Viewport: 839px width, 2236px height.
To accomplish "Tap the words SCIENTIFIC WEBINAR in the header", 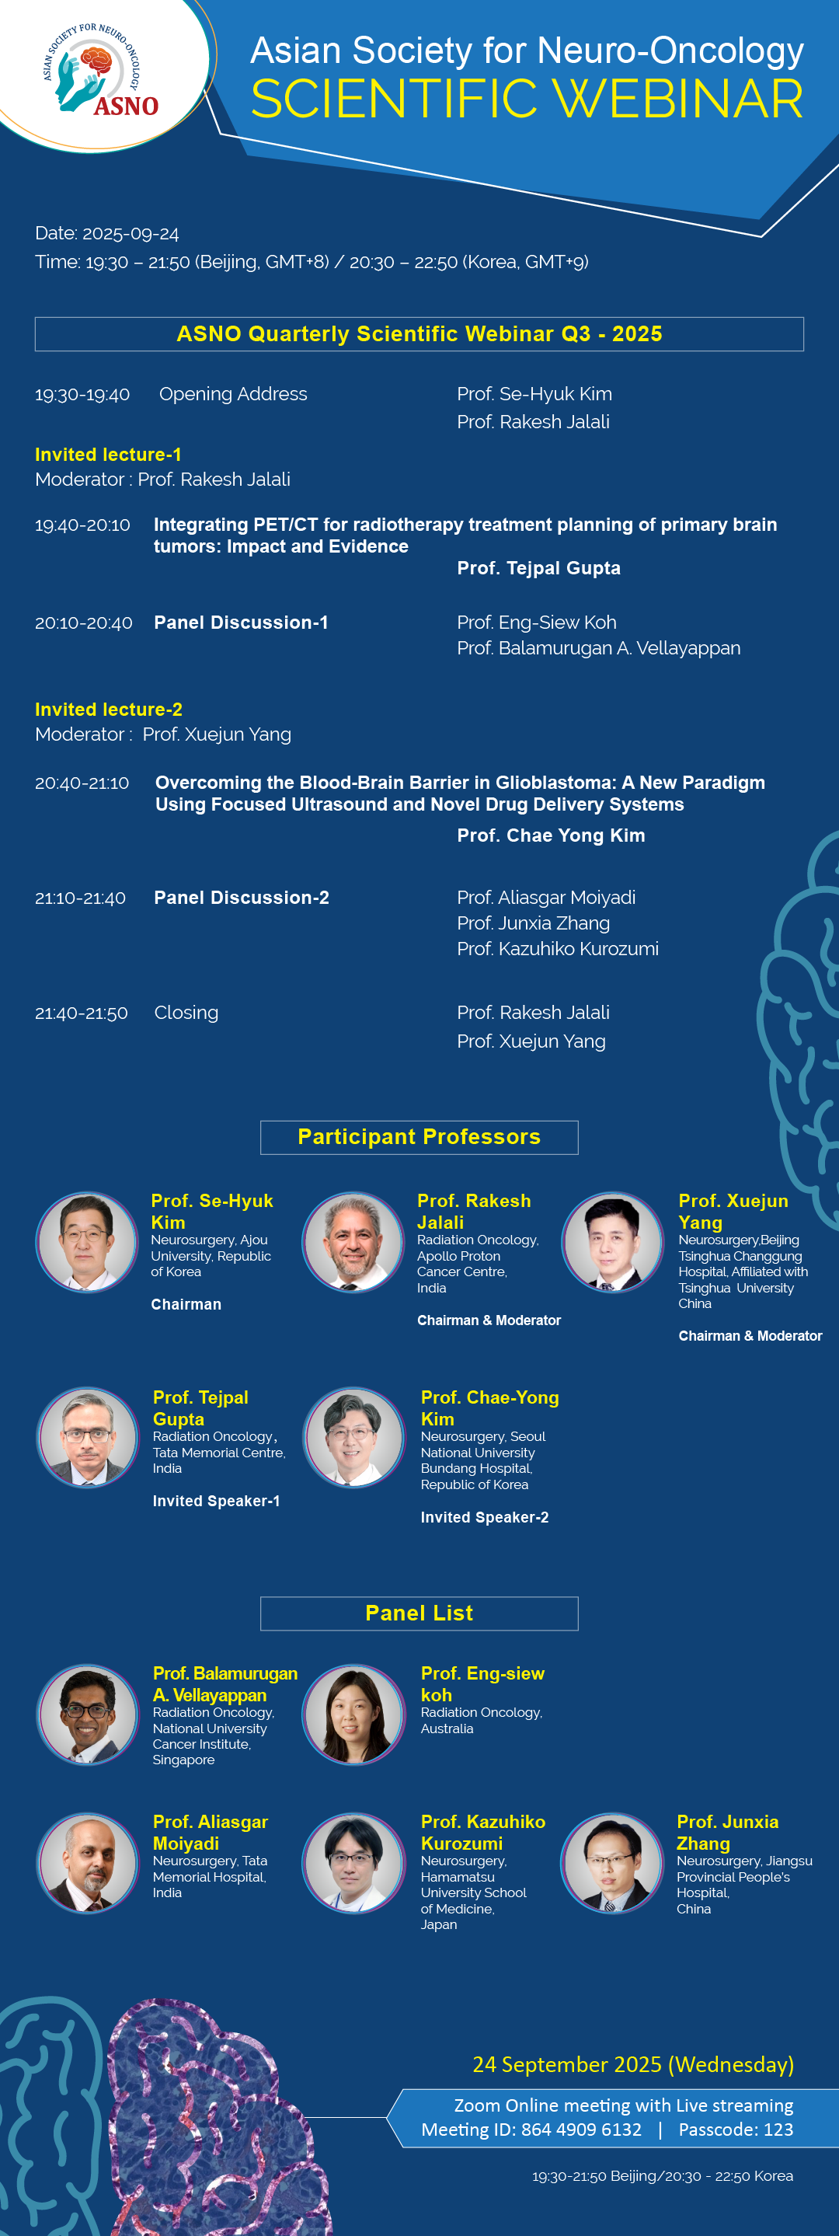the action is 527,98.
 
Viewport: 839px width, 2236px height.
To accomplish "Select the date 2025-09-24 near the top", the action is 131,233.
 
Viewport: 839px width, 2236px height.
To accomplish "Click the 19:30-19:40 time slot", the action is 82,394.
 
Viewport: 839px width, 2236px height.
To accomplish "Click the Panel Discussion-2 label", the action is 241,898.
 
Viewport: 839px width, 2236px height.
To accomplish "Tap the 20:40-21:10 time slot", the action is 82,783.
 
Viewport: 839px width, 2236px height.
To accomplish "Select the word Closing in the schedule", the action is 186,1013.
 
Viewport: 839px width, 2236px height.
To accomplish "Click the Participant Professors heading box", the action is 419,1137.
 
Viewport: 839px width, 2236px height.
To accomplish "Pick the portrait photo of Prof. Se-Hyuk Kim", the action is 87,1241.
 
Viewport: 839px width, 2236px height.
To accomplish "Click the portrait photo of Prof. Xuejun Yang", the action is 613,1241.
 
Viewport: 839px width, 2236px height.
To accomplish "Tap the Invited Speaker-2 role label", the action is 484,1517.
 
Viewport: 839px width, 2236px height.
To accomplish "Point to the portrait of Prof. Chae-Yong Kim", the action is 353,1438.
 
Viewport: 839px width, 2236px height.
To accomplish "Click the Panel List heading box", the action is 419,1613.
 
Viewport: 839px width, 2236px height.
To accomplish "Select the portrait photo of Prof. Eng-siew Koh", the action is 353,1714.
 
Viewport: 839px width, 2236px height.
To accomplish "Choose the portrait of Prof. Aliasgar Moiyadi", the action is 87,1863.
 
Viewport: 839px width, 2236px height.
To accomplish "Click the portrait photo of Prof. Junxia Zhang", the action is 613,1863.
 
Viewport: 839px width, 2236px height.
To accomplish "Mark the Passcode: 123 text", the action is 736,2130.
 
